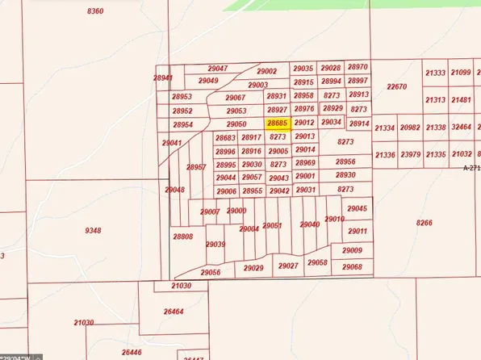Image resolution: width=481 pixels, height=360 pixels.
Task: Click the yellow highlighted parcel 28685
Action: [x=278, y=123]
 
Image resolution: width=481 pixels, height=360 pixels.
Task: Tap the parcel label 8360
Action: [x=94, y=10]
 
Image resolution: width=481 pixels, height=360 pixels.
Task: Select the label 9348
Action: [x=93, y=230]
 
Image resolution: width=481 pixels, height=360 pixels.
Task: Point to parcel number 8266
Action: [x=425, y=223]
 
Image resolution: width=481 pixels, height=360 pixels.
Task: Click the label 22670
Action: [x=396, y=86]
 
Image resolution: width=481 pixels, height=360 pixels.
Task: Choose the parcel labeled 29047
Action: [x=217, y=69]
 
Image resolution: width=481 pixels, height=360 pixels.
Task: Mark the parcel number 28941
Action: [x=163, y=78]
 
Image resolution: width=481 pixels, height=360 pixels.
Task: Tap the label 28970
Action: [x=358, y=68]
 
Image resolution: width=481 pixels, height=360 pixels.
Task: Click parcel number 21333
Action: [x=435, y=73]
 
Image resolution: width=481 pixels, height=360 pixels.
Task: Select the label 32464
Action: [x=462, y=128]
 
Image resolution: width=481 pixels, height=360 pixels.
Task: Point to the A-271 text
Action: [x=471, y=168]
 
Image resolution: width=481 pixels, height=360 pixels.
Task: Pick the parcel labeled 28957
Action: [x=196, y=167]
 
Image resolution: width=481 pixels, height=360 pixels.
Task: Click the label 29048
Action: [x=175, y=190]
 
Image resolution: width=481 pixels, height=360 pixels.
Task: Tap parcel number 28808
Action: [x=182, y=237]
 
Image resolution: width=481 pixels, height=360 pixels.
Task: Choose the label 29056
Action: [x=211, y=273]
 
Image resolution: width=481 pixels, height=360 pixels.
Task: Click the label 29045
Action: [x=357, y=209]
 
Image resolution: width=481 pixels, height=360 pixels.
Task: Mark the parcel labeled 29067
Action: [x=235, y=98]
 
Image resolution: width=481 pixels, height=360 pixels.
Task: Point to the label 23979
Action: [x=410, y=154]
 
